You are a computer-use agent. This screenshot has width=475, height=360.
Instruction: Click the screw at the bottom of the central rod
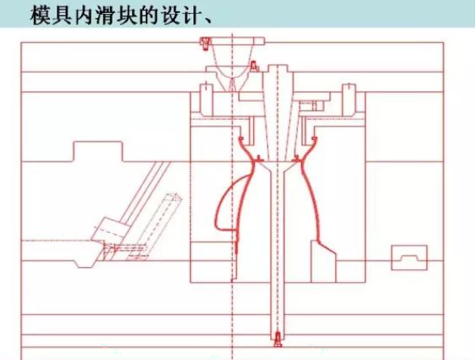click(278, 340)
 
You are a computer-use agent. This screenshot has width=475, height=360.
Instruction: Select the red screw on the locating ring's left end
click(205, 44)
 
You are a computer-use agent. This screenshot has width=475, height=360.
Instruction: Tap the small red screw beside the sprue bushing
click(254, 66)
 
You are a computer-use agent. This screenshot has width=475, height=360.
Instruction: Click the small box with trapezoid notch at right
click(409, 257)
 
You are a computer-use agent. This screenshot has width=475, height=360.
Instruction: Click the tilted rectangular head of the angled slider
click(109, 230)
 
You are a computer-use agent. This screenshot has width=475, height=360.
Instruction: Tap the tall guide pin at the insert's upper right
click(350, 100)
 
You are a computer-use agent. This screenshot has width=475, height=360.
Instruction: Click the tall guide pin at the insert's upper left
click(206, 100)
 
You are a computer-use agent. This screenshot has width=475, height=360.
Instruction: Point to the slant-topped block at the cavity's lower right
click(324, 261)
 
